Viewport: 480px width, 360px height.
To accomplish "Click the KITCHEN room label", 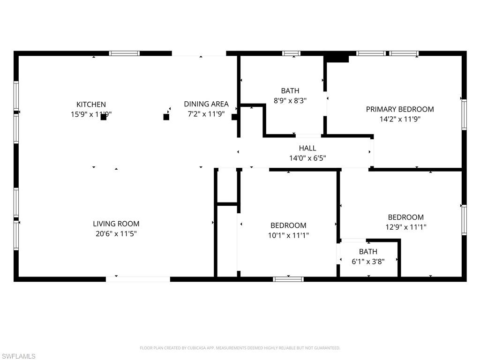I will click(x=91, y=105).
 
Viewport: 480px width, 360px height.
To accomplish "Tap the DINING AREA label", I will click(x=206, y=105).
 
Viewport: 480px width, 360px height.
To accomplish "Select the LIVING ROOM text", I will click(x=116, y=224).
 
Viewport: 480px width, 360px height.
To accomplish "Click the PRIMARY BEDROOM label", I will click(x=400, y=109).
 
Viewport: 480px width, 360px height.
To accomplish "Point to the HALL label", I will click(x=307, y=148).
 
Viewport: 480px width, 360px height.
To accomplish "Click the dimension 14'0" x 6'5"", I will click(x=307, y=158).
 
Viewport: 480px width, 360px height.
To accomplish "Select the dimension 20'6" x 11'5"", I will click(x=116, y=233).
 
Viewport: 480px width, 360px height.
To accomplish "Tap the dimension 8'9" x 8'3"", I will click(x=290, y=100).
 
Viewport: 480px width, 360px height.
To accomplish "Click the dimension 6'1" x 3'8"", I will click(x=368, y=262).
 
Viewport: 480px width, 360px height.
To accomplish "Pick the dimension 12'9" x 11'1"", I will click(x=406, y=227).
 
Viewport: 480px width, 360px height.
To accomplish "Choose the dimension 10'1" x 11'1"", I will click(x=288, y=235).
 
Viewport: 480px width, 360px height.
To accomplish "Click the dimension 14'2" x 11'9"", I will click(x=400, y=119).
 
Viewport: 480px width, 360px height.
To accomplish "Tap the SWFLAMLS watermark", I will click(x=18, y=356).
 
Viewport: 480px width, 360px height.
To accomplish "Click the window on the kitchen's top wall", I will click(x=124, y=53).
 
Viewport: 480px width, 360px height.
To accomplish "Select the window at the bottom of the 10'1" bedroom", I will click(x=288, y=279).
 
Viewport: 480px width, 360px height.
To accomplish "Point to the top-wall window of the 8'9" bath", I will click(x=291, y=53).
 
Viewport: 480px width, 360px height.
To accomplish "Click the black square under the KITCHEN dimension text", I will click(x=104, y=117).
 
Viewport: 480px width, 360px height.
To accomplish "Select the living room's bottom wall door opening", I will click(x=138, y=279).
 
